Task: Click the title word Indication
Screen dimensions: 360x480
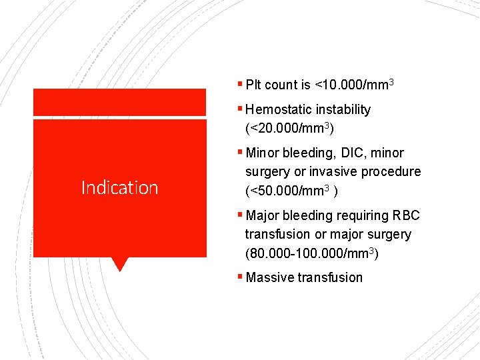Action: [x=119, y=188]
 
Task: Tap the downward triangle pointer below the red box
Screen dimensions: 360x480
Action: [x=119, y=264]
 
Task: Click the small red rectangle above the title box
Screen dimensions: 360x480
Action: [x=119, y=102]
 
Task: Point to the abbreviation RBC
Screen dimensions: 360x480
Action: [x=406, y=216]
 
